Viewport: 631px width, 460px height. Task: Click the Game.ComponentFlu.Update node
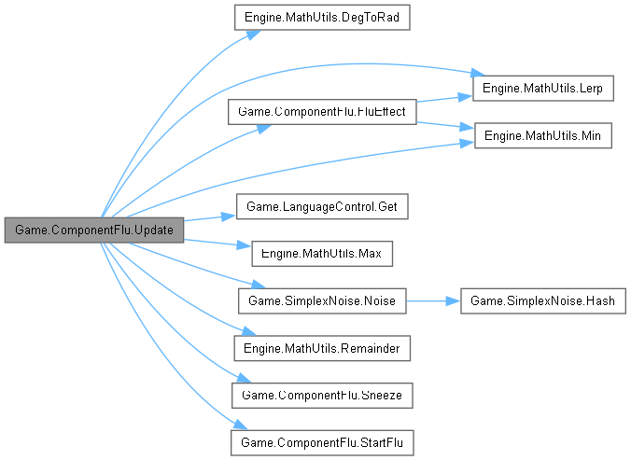pos(93,230)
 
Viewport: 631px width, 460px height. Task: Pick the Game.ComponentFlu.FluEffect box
pos(322,112)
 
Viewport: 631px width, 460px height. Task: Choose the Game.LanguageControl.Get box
pos(322,206)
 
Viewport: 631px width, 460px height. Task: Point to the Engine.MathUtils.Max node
pos(322,254)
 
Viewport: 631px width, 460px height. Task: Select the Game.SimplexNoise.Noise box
pos(322,301)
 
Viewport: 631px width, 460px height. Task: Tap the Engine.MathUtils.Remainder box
pos(322,348)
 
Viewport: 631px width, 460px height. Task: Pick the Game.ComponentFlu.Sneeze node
pos(322,396)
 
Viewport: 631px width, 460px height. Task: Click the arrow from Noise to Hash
pos(434,301)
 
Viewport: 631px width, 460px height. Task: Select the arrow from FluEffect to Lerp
pos(444,98)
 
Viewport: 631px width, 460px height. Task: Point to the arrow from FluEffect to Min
pos(444,125)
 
